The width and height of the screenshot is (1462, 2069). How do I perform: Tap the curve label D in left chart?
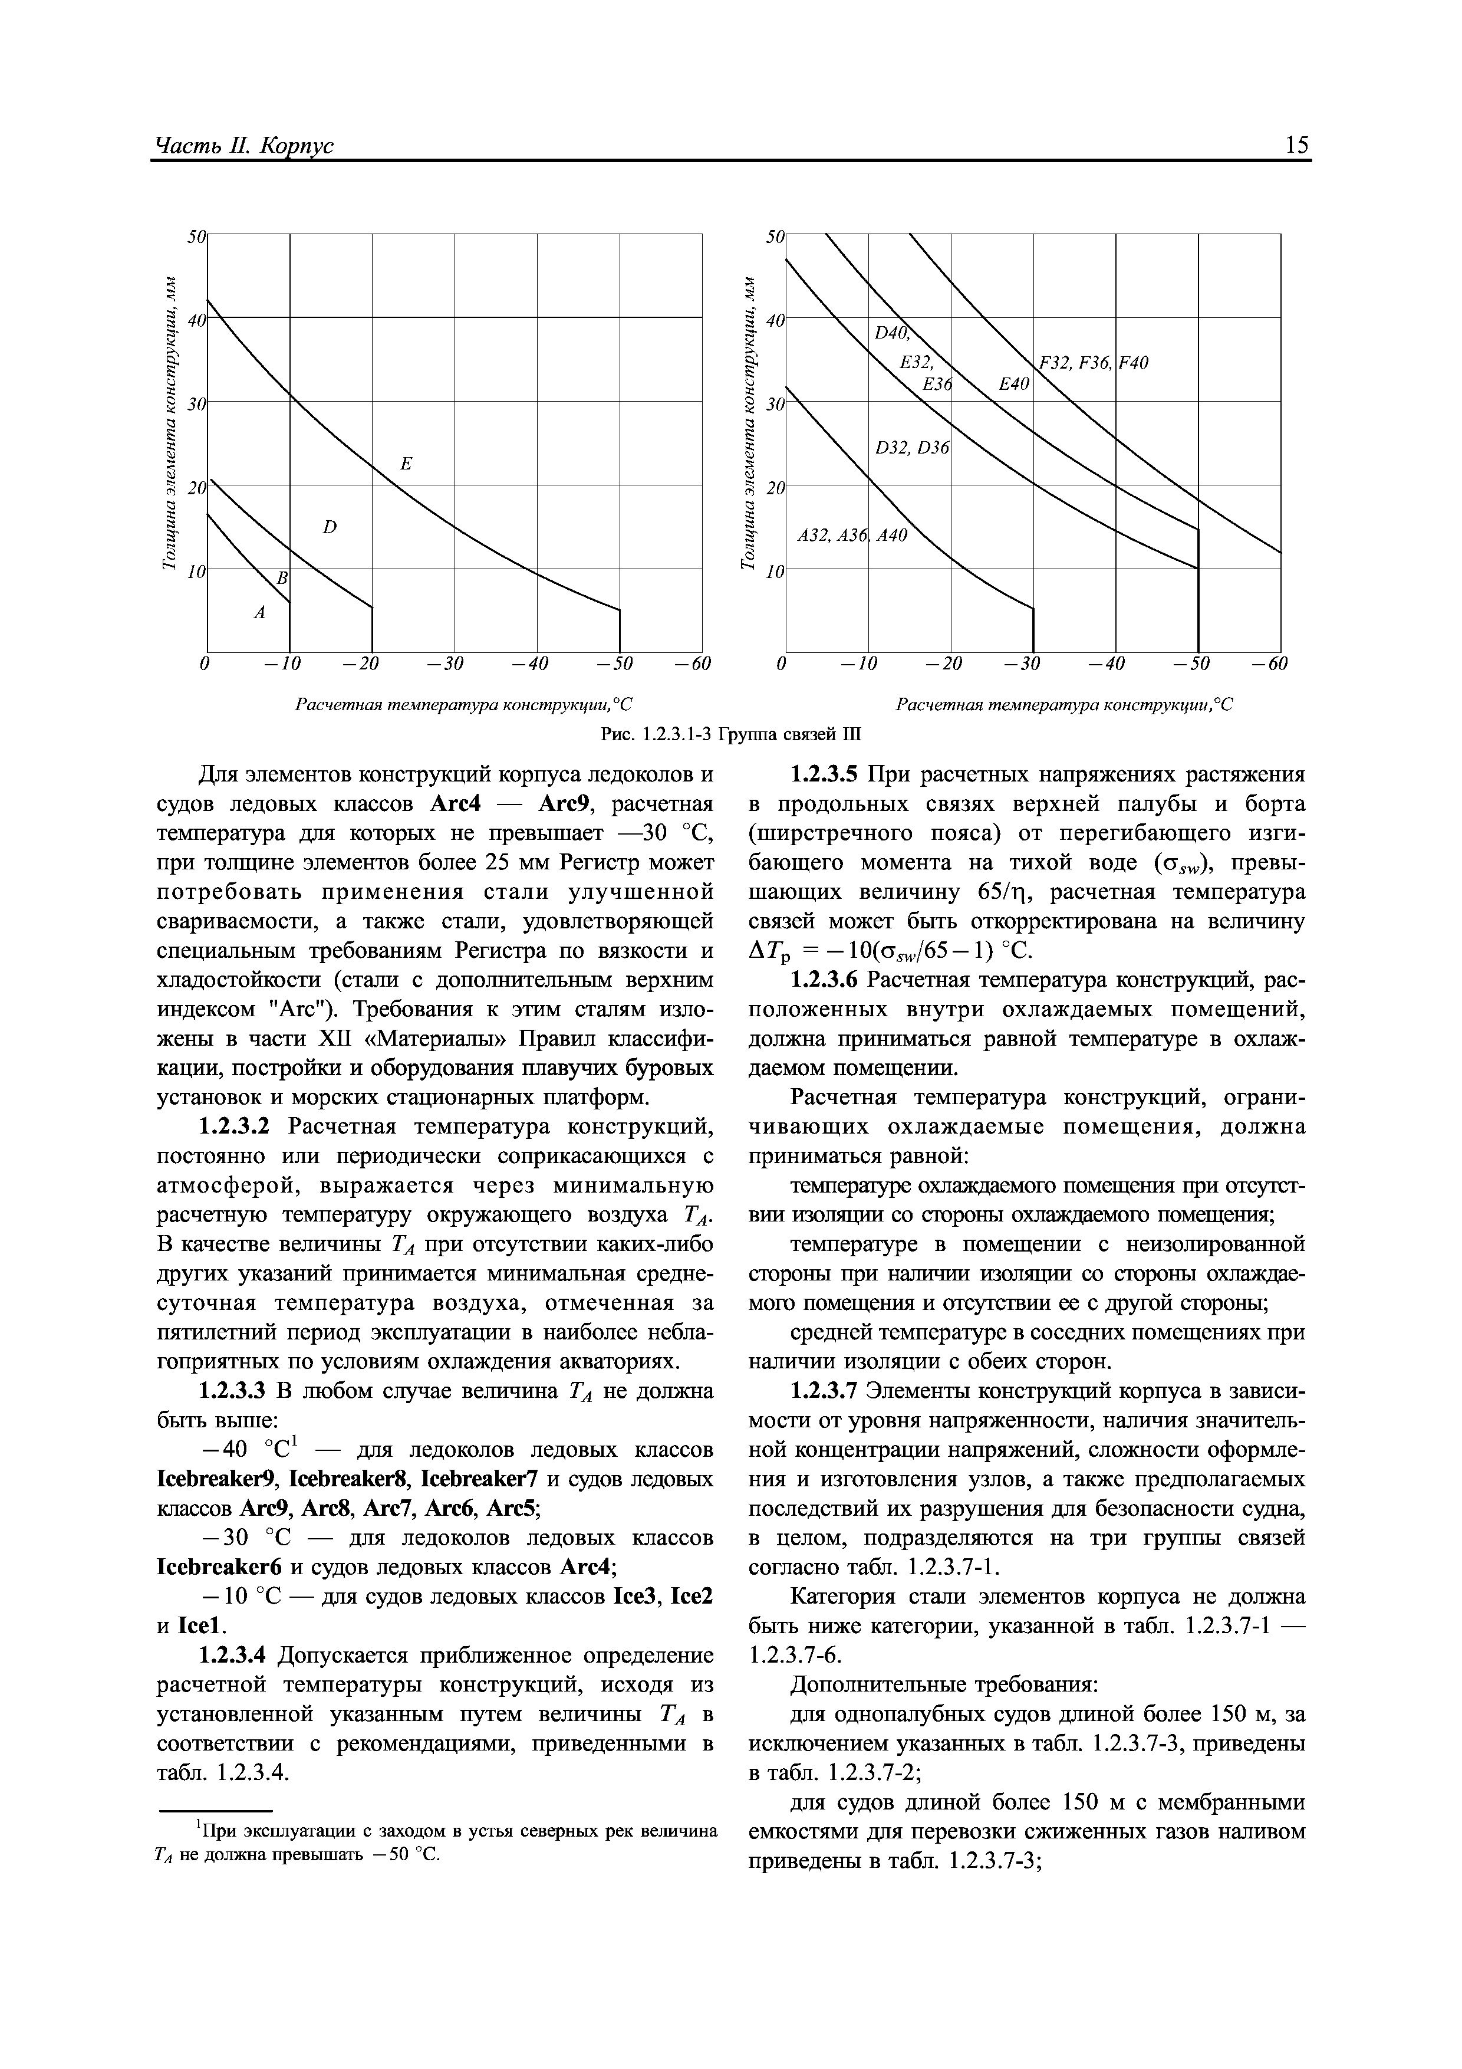(x=329, y=527)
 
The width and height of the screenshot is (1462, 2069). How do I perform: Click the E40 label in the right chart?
(x=1013, y=385)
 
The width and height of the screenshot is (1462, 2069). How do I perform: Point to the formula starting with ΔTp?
(x=892, y=951)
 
